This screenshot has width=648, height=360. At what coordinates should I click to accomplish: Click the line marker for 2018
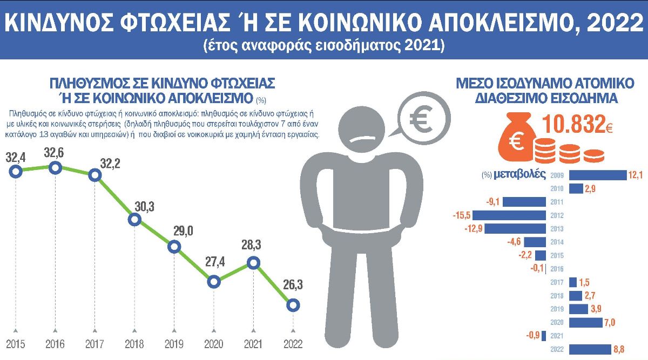tap(135, 219)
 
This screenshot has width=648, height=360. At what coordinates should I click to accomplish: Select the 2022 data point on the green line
tap(293, 305)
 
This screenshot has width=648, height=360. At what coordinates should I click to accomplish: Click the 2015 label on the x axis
tap(16, 344)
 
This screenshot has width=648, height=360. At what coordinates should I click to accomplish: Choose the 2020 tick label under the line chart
tap(213, 344)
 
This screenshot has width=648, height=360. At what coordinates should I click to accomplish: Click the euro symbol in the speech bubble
tap(422, 119)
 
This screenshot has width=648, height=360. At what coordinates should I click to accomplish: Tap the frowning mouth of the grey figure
tap(364, 140)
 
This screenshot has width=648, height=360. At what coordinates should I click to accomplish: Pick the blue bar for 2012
tap(510, 215)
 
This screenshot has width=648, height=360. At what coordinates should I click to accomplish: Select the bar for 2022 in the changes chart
tap(591, 349)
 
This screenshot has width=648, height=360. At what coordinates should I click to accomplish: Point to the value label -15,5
tap(461, 215)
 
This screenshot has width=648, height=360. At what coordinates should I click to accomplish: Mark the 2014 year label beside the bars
tap(557, 242)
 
